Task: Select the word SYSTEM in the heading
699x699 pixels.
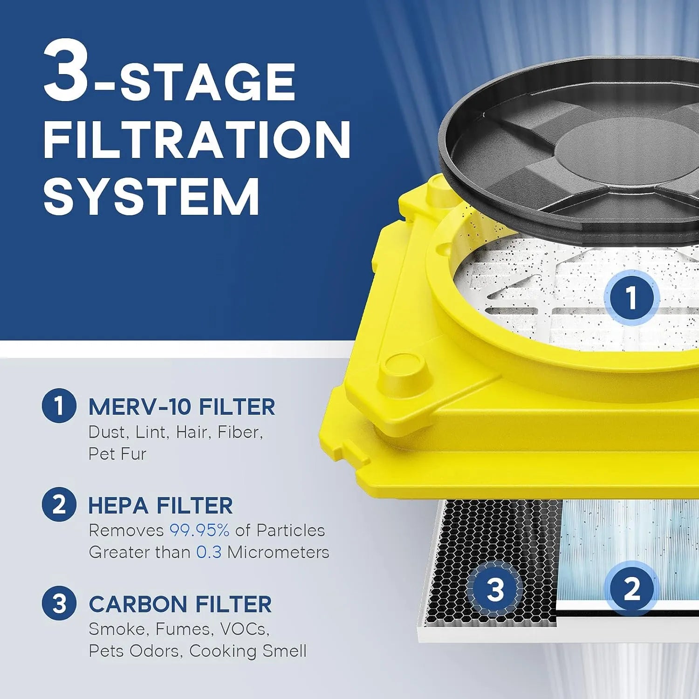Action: [151, 196]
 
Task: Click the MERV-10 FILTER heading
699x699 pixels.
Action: [182, 407]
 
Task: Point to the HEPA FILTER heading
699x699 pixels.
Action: [160, 506]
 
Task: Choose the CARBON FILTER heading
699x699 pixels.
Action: [180, 604]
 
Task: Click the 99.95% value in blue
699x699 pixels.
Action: [199, 530]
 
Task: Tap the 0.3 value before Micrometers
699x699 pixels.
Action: [208, 552]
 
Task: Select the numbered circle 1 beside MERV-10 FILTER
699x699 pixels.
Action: [59, 405]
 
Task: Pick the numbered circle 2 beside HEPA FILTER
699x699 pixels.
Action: [59, 504]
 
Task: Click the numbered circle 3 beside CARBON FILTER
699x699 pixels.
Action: [59, 603]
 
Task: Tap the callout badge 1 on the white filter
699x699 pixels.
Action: [631, 298]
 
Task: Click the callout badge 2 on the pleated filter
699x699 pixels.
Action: [631, 588]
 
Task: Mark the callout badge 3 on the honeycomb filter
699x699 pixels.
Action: [495, 589]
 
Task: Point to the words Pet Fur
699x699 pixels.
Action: [117, 454]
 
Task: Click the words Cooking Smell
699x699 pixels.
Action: [248, 651]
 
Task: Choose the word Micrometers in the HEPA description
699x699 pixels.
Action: [278, 552]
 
